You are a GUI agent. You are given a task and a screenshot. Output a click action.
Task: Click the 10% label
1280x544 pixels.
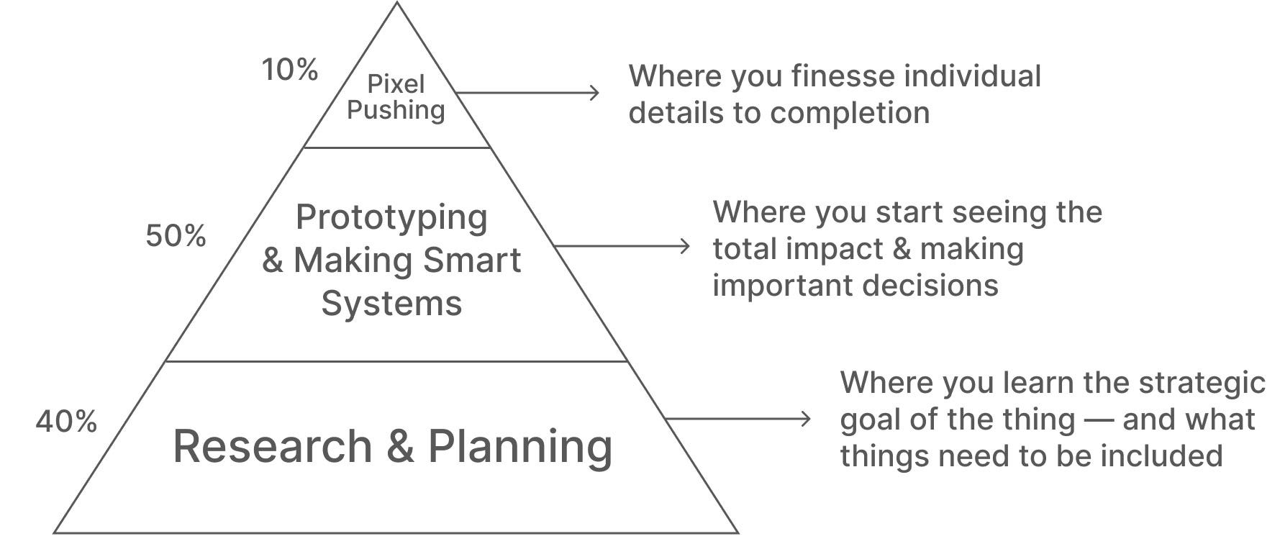coord(289,70)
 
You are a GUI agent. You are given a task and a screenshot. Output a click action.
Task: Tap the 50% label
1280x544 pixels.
coord(176,235)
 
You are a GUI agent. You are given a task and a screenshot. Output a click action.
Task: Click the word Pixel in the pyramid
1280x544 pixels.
coord(396,84)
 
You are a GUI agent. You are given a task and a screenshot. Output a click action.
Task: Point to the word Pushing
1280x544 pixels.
coord(396,110)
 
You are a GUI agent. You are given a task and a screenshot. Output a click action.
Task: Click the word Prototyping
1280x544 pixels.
coord(391,218)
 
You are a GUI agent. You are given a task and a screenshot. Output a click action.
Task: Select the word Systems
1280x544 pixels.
coord(391,303)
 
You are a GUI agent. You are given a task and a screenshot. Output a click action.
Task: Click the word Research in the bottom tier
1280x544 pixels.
coord(273,445)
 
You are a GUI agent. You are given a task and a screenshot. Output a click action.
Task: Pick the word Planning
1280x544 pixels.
coord(520,447)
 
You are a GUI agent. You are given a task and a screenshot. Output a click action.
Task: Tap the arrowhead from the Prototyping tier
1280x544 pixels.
coord(685,247)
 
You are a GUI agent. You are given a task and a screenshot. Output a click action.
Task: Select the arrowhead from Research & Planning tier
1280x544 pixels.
coord(806,419)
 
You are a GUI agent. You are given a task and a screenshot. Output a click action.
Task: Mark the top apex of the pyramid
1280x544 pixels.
coord(396,4)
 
